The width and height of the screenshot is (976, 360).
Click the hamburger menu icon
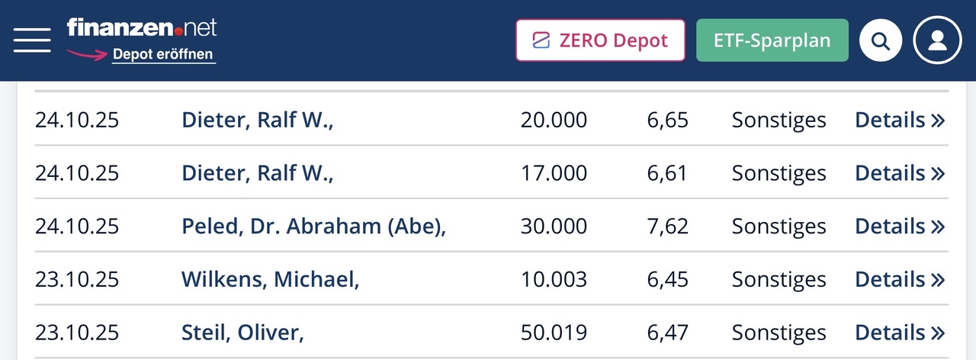[x=32, y=40]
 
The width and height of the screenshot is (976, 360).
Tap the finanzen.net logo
[x=142, y=28]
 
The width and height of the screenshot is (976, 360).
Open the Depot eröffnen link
[x=163, y=55]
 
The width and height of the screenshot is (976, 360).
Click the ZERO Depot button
[x=602, y=40]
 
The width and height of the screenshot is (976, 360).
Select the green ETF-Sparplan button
[x=772, y=40]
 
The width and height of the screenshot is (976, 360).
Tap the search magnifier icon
[x=881, y=40]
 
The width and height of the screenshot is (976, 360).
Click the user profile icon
[x=938, y=40]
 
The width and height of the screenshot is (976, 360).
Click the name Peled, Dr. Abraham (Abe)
[x=313, y=227]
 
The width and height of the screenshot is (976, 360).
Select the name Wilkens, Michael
[x=270, y=280]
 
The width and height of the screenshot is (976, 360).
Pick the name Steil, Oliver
[x=242, y=333]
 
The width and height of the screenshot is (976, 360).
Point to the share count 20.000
[x=554, y=121]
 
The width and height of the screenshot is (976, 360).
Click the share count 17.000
[x=554, y=174]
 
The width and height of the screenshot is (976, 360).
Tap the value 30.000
[x=554, y=227]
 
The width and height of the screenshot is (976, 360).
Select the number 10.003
[x=554, y=280]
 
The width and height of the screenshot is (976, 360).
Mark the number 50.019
[x=554, y=333]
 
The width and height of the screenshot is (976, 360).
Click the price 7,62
[x=667, y=227]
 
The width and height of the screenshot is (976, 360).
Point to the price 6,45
[x=667, y=280]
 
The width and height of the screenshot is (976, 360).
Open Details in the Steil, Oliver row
[x=900, y=333]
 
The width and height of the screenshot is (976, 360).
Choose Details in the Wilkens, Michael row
[x=900, y=280]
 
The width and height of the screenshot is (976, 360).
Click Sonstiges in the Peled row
[x=779, y=227]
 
